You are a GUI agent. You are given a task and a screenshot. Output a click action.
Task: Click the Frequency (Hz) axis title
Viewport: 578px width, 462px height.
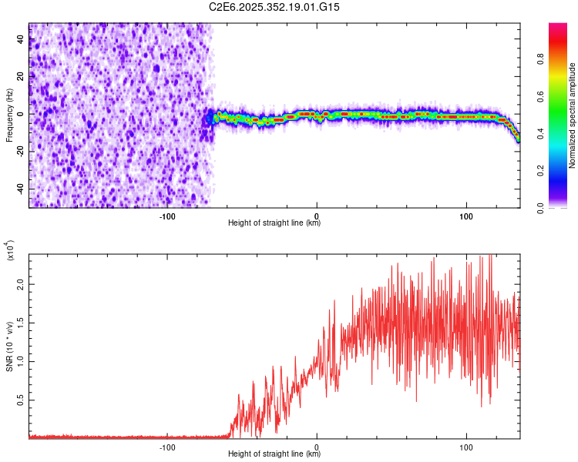pos(10,115)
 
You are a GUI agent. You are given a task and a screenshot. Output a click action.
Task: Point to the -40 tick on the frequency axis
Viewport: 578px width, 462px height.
pos(19,189)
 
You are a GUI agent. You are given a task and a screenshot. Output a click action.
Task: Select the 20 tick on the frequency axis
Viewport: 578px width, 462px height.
pos(22,77)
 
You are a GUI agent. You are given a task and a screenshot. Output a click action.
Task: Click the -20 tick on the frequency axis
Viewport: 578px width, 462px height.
pos(19,152)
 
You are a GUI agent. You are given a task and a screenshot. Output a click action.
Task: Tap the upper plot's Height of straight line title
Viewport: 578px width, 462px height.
pos(274,223)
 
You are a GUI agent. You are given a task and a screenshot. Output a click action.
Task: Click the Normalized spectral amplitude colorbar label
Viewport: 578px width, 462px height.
pos(572,115)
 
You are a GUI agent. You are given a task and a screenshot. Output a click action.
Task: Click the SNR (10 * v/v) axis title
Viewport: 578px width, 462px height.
pos(10,346)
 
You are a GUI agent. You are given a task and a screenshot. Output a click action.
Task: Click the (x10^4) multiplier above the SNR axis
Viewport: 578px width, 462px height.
pos(10,252)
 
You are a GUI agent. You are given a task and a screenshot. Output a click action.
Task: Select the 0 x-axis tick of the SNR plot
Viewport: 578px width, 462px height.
pos(317,446)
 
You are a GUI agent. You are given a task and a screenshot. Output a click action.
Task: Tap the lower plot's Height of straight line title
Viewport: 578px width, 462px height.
pos(274,454)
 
